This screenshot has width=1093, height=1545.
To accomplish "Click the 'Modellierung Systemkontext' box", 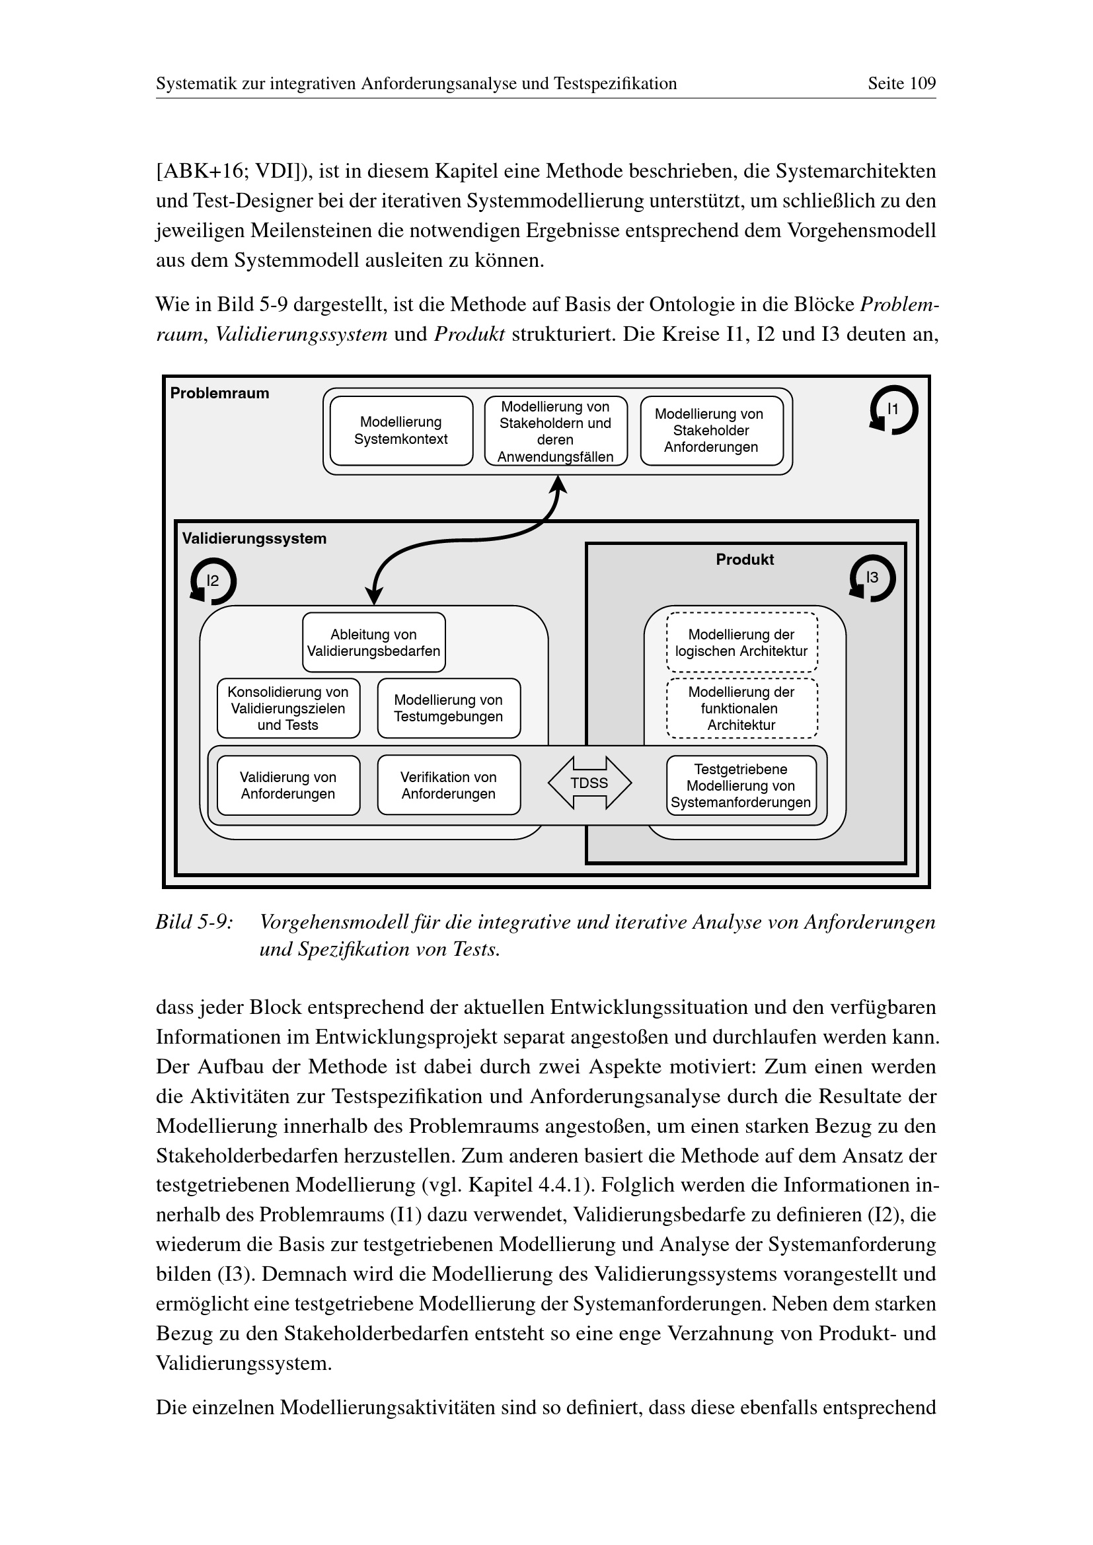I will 401,431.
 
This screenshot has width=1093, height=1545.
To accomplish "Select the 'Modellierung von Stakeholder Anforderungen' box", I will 712,431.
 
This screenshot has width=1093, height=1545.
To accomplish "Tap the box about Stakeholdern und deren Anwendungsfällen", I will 556,431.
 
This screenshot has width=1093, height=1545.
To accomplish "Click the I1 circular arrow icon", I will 893,410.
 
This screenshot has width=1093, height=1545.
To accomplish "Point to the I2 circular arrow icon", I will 213,581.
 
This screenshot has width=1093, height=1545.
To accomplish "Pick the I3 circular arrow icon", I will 872,578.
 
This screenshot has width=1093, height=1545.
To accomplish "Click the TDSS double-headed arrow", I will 589,783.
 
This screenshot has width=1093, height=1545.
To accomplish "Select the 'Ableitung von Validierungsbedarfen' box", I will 373,643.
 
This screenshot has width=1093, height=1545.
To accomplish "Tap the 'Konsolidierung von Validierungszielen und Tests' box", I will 288,709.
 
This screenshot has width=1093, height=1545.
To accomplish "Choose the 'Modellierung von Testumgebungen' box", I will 449,709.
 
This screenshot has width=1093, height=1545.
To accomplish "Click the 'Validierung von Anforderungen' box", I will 288,785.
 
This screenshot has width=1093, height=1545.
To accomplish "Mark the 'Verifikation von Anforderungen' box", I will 449,785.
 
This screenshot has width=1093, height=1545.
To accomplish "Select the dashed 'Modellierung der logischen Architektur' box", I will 741,643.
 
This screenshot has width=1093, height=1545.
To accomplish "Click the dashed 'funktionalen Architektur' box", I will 741,709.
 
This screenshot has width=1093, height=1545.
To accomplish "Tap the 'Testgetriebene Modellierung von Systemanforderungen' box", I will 741,785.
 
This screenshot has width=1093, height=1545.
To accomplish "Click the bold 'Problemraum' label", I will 219,394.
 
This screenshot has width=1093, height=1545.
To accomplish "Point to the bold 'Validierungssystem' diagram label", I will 254,539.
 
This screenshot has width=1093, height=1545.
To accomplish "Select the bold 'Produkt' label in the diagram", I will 744,560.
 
